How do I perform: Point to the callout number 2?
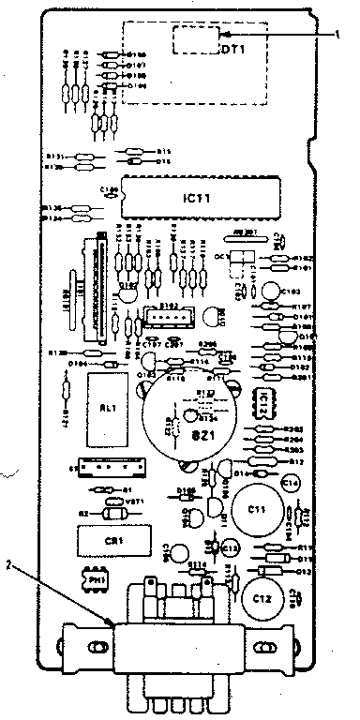click(8, 565)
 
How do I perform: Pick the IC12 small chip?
click(264, 402)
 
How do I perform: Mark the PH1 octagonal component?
click(95, 582)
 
